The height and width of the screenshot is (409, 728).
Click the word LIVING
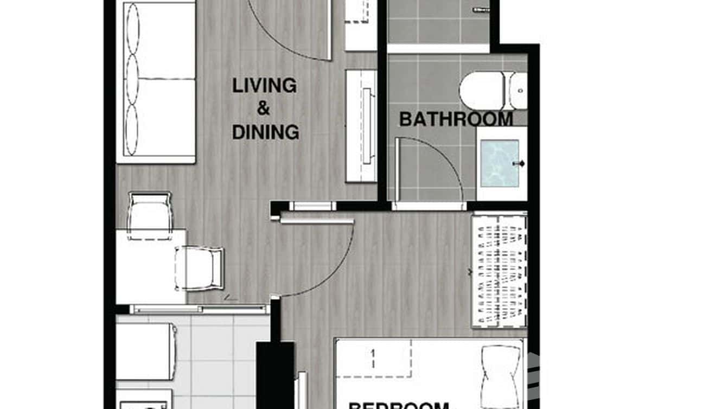[264, 86]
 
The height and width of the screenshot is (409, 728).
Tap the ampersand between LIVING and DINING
[264, 109]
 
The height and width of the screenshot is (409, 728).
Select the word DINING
[265, 132]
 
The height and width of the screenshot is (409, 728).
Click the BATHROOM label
[456, 119]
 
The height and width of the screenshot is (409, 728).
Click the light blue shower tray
[500, 163]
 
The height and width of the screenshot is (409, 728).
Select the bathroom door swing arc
[445, 157]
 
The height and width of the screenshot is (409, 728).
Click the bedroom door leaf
[317, 221]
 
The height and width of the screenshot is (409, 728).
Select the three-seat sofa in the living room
[156, 81]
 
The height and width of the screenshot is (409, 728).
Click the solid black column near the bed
[275, 374]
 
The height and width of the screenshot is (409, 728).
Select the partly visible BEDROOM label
[399, 405]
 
